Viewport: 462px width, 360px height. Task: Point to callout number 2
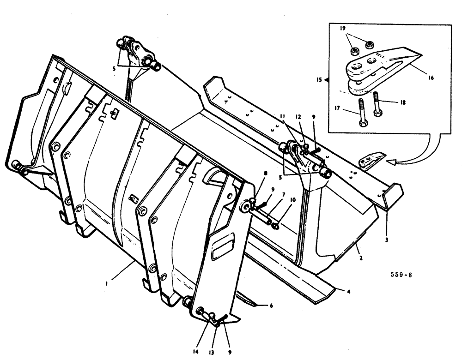click(360, 258)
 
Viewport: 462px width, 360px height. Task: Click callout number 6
click(271, 306)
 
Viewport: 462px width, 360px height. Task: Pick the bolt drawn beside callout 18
click(377, 104)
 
